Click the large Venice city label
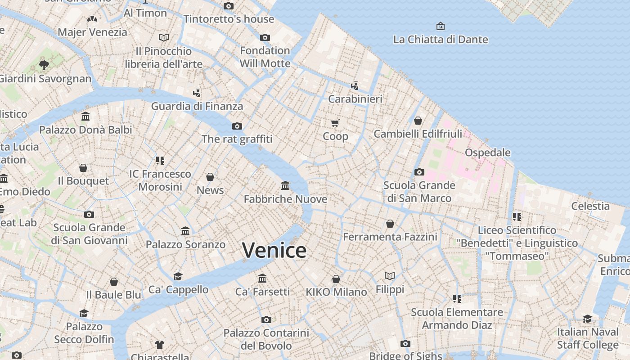pyautogui.click(x=274, y=250)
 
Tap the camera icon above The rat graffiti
pyautogui.click(x=237, y=126)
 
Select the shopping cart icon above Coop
pyautogui.click(x=335, y=123)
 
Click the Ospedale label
pyautogui.click(x=487, y=153)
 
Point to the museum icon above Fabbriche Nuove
pyautogui.click(x=285, y=185)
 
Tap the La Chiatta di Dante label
pyautogui.click(x=440, y=40)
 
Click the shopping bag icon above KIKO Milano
pyautogui.click(x=336, y=279)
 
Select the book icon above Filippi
pyautogui.click(x=389, y=276)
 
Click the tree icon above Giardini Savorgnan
pyautogui.click(x=44, y=65)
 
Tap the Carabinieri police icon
pyautogui.click(x=355, y=85)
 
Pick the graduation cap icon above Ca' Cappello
pyautogui.click(x=178, y=276)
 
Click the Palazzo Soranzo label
pyautogui.click(x=185, y=244)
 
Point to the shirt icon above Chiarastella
pyautogui.click(x=160, y=345)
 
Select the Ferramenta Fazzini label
pyautogui.click(x=390, y=237)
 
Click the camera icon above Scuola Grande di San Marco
pyautogui.click(x=419, y=172)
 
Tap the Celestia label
pyautogui.click(x=590, y=206)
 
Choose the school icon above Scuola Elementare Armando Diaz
pyautogui.click(x=457, y=298)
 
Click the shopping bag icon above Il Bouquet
pyautogui.click(x=83, y=168)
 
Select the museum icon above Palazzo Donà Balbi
pyautogui.click(x=85, y=117)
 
